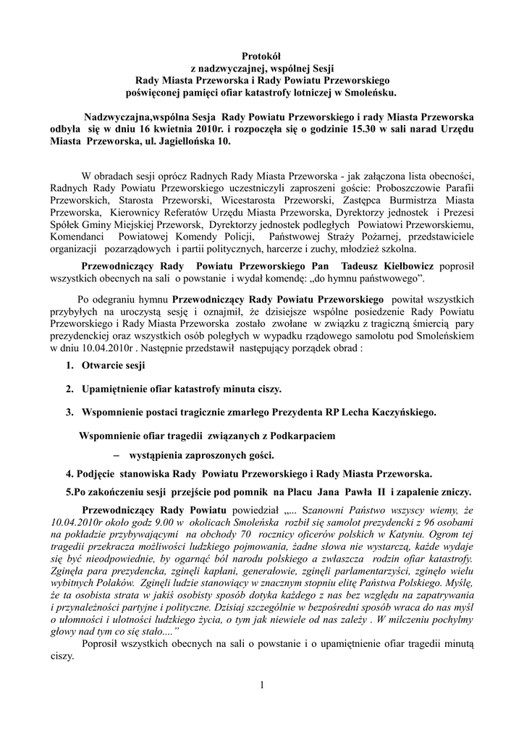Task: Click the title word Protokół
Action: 261,56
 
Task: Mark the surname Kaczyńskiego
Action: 401,412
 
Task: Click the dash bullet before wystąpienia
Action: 116,456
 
